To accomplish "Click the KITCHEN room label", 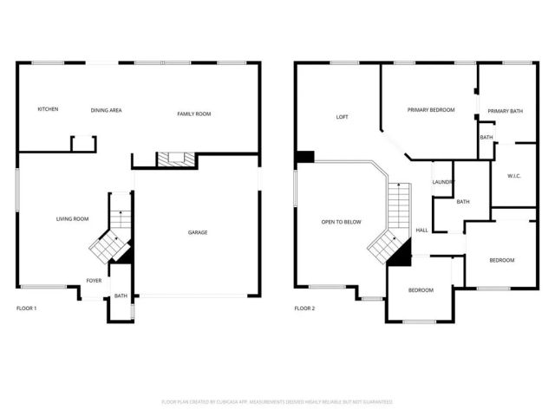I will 48,109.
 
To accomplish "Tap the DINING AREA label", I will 106,111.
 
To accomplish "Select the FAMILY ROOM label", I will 194,114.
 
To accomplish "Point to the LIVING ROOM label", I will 73,218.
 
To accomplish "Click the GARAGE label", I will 198,231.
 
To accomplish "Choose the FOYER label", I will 94,280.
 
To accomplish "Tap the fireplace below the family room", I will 170,159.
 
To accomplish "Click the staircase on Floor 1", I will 113,238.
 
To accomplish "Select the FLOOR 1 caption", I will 26,308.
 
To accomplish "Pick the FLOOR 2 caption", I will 304,308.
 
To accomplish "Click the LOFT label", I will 342,117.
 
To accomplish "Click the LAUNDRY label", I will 443,181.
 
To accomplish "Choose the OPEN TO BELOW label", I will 341,222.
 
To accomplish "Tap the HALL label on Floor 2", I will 421,230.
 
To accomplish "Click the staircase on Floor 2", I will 395,225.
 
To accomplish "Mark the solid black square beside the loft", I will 304,157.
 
